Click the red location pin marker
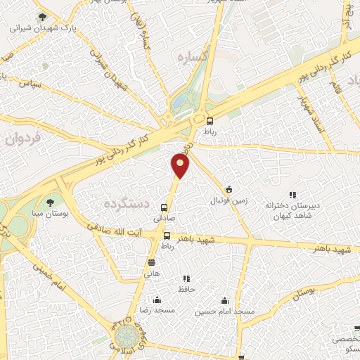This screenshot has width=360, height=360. click(181, 166)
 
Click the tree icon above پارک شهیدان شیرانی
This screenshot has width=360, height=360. click(44, 16)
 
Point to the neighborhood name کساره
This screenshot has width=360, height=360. click(192, 56)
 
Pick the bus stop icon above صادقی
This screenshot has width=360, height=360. click(164, 207)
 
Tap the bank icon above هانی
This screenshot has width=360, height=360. click(152, 263)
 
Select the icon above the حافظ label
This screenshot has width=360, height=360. click(186, 278)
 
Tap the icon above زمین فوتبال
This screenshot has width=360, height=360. click(229, 189)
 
